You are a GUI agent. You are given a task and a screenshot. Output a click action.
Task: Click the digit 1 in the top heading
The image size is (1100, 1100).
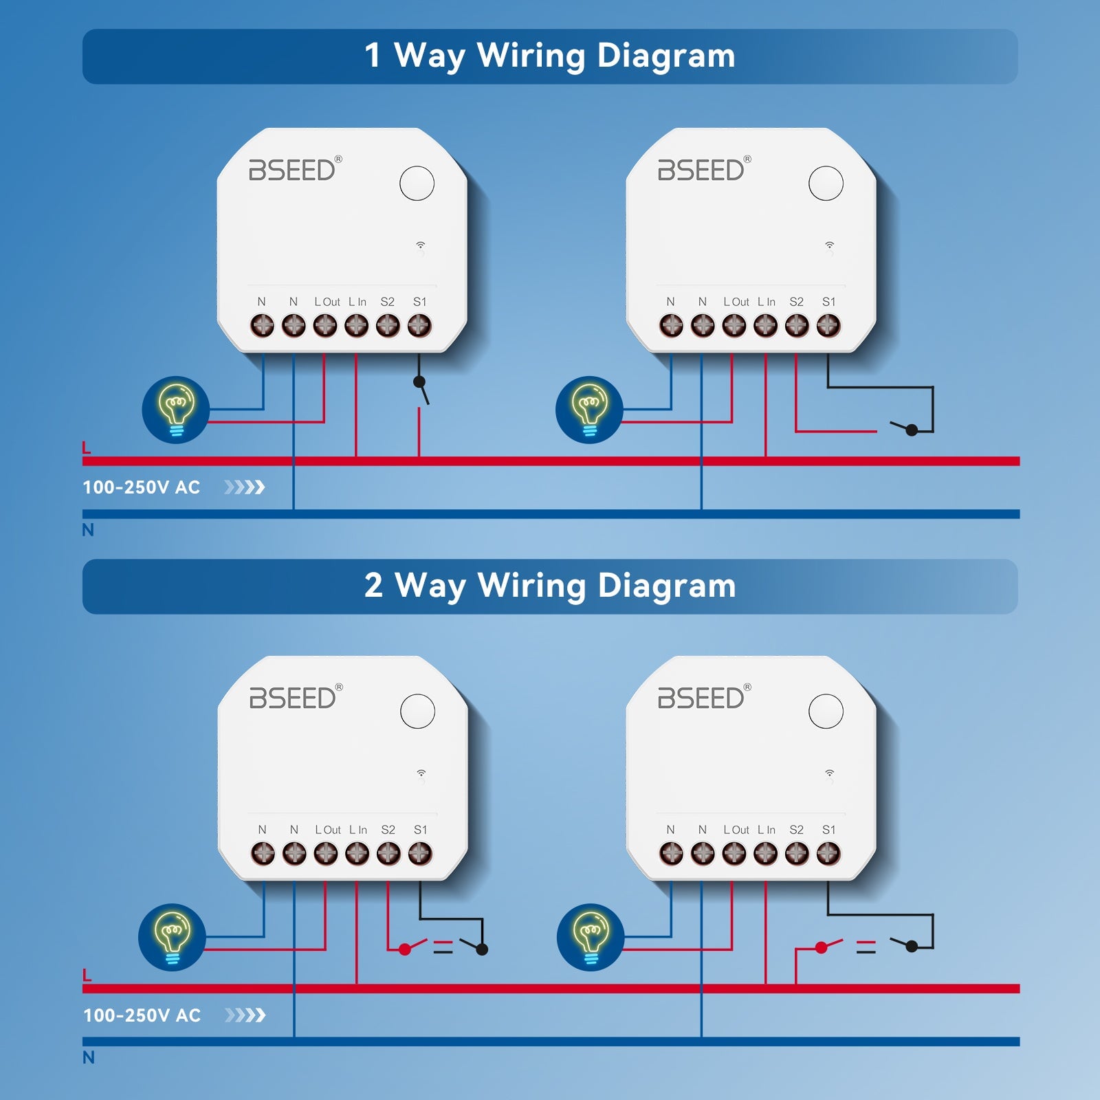point(373,55)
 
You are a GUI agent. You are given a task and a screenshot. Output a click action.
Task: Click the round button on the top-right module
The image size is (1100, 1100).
point(826,184)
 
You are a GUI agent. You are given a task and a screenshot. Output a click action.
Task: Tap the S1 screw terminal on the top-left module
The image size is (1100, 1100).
point(419,325)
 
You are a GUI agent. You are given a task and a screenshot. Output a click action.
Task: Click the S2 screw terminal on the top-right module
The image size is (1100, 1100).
point(797,325)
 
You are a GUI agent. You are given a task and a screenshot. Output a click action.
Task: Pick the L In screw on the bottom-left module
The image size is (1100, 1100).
point(357,853)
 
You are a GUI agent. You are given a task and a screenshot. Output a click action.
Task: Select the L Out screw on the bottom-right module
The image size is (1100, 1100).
point(734,853)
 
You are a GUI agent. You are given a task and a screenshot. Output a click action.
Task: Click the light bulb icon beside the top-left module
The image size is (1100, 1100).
point(176,410)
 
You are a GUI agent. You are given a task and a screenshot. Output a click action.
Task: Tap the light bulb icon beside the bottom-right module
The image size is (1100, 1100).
point(591,937)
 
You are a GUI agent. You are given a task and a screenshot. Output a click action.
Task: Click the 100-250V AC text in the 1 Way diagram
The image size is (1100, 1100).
point(142,487)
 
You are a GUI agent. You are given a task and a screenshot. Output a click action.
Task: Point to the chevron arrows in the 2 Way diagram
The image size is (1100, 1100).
point(245,1015)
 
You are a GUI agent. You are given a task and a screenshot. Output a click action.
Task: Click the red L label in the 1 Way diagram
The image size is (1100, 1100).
point(87,448)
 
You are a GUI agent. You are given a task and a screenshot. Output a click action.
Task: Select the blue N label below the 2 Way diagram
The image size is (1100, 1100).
point(88,1057)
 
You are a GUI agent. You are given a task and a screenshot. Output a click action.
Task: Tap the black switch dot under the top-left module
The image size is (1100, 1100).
point(419,382)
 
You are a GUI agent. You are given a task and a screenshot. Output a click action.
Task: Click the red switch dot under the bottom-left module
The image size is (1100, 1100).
point(404,949)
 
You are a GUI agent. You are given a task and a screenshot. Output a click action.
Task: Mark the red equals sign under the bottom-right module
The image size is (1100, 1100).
point(866,947)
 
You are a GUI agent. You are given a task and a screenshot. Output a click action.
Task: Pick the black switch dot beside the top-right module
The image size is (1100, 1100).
point(912,430)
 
